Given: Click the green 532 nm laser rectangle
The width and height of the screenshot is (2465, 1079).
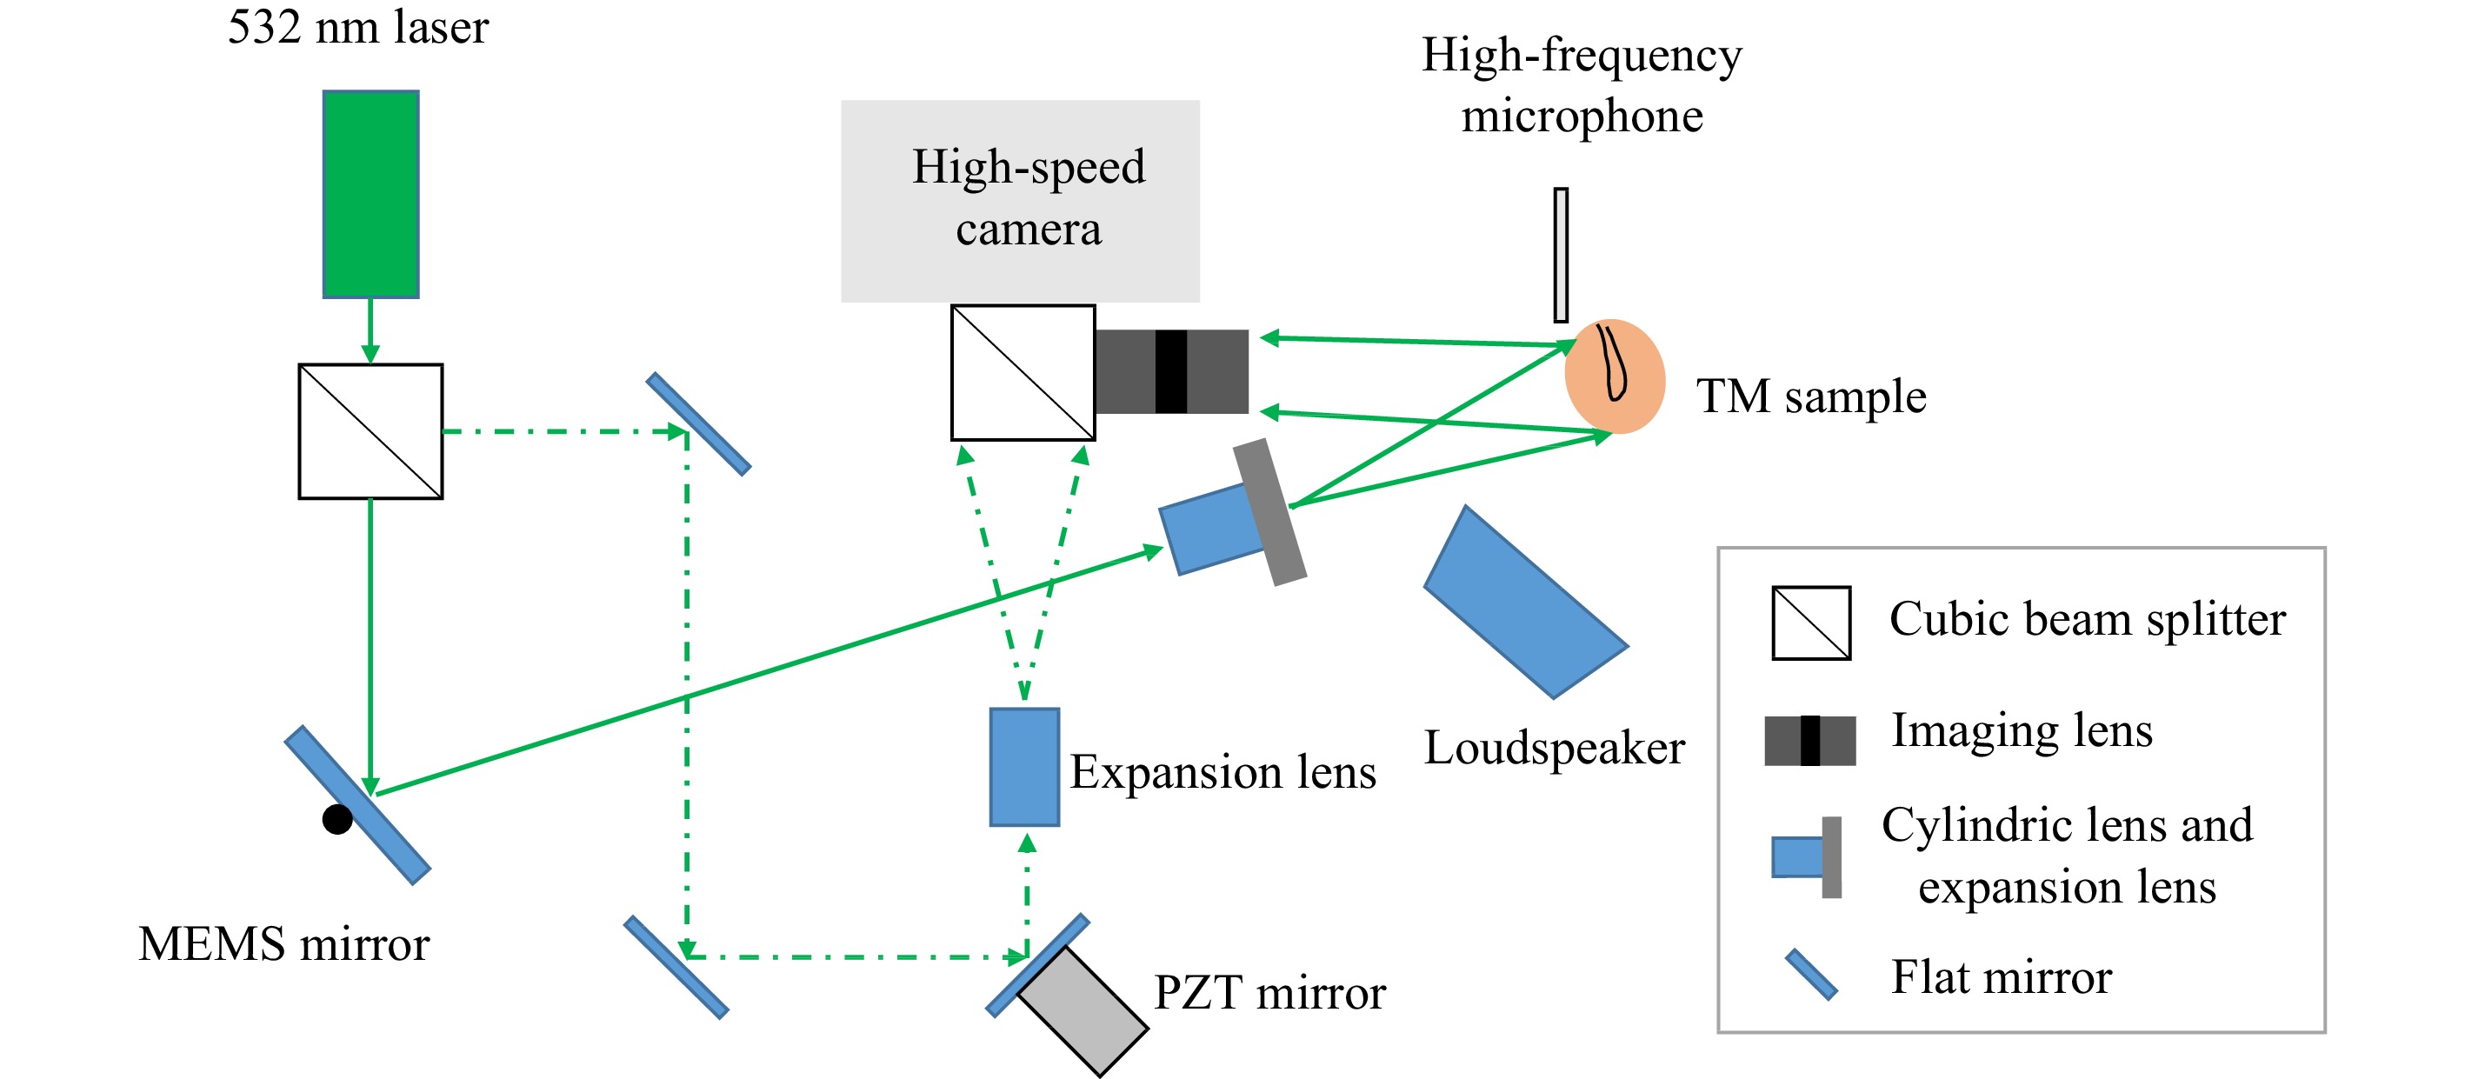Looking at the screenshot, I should pos(370,194).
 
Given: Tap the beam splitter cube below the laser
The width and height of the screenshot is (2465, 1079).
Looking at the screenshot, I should pos(370,431).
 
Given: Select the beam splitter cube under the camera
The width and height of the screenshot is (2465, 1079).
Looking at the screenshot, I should pos(1022,373).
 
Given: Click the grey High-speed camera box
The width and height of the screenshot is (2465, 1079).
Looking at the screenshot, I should pos(1020,201).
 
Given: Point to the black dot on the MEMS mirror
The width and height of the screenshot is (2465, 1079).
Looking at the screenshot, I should pos(336,820).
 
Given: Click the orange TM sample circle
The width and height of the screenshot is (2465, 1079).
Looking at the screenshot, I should pos(1615,376).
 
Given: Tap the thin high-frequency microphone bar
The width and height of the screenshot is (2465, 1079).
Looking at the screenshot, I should pos(1561,255).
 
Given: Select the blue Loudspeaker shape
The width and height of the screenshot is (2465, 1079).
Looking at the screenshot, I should pos(1525,603).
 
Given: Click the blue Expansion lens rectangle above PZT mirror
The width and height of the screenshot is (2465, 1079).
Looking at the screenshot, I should pos(1024,767).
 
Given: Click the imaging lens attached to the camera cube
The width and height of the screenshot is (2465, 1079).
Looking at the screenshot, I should pos(1171,372).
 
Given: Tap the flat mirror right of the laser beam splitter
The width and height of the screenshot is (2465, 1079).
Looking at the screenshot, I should pos(698,423).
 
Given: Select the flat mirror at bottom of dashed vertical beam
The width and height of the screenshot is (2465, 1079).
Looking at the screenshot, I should pos(676,967).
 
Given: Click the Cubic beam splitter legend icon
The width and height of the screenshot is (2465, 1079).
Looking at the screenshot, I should pos(1810,623).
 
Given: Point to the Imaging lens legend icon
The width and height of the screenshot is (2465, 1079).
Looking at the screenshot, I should pos(1809,741).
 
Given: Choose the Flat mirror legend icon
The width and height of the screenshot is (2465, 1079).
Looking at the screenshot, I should pos(1810,975).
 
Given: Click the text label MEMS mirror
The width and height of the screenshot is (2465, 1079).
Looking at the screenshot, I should pos(283,944).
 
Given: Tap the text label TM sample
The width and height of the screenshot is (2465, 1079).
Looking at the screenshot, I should pos(1810,396).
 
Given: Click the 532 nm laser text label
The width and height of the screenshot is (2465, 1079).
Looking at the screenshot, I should pos(358,27).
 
